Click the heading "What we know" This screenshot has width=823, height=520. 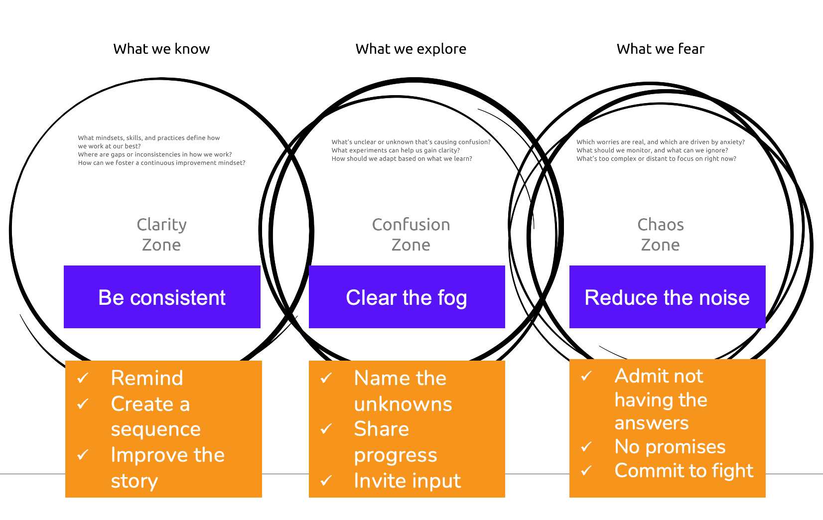[x=161, y=49]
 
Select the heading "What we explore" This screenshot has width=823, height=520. [x=411, y=49]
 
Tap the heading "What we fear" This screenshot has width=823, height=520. [x=660, y=49]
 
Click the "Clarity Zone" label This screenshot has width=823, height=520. [x=161, y=235]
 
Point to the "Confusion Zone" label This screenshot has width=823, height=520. [x=411, y=235]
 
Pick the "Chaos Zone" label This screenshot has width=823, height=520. [x=660, y=235]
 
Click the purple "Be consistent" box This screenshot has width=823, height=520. [x=162, y=297]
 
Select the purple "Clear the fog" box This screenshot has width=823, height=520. [x=407, y=297]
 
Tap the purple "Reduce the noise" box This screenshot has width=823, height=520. [x=667, y=297]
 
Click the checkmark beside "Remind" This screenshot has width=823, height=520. [x=83, y=378]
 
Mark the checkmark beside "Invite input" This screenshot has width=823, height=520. [x=326, y=481]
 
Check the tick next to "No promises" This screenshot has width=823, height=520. [x=587, y=447]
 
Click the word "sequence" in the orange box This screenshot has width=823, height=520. [x=156, y=429]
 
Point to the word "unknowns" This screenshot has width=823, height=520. [x=403, y=404]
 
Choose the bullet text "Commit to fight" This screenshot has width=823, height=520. [x=684, y=471]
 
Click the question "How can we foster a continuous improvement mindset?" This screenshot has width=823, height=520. [x=161, y=163]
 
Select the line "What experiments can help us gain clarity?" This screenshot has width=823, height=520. [x=396, y=150]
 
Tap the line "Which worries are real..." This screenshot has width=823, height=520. [x=661, y=142]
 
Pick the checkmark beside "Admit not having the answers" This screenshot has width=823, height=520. [x=587, y=376]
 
